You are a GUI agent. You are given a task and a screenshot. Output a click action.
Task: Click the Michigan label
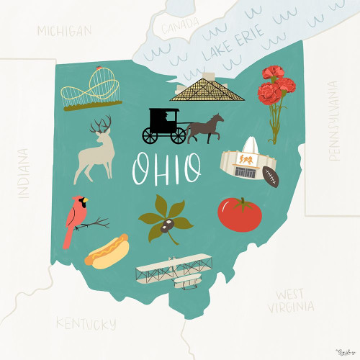coord(65,31)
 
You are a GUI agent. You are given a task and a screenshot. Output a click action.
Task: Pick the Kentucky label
coord(86,323)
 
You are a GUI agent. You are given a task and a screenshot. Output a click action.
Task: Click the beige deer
coord(96,150)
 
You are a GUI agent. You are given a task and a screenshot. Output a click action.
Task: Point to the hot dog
coord(107,251)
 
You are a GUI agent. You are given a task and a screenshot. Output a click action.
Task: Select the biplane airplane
coord(174,271)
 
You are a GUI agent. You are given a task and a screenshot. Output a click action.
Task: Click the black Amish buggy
coord(162,125)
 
